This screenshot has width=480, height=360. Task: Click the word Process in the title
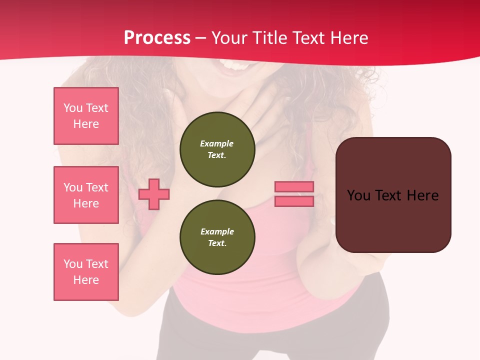point(157,38)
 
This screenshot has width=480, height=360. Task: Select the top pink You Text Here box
point(86,116)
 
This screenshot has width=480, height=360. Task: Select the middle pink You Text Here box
point(86,195)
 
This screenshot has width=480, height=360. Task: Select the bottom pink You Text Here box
point(86,271)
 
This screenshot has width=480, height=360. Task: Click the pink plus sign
point(154,194)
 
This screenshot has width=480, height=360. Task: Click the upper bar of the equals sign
point(294,186)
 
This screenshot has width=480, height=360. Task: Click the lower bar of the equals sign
point(294,201)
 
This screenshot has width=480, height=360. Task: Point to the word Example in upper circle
point(217,143)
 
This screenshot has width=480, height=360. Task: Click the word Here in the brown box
point(422,195)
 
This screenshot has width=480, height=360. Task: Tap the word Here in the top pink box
point(86,124)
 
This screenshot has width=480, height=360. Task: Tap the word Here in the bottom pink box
point(86,280)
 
